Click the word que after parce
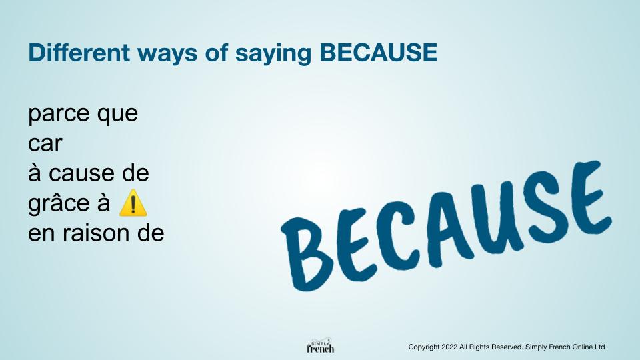117,114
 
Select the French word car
45,144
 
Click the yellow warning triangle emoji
132,203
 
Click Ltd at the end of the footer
598,347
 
